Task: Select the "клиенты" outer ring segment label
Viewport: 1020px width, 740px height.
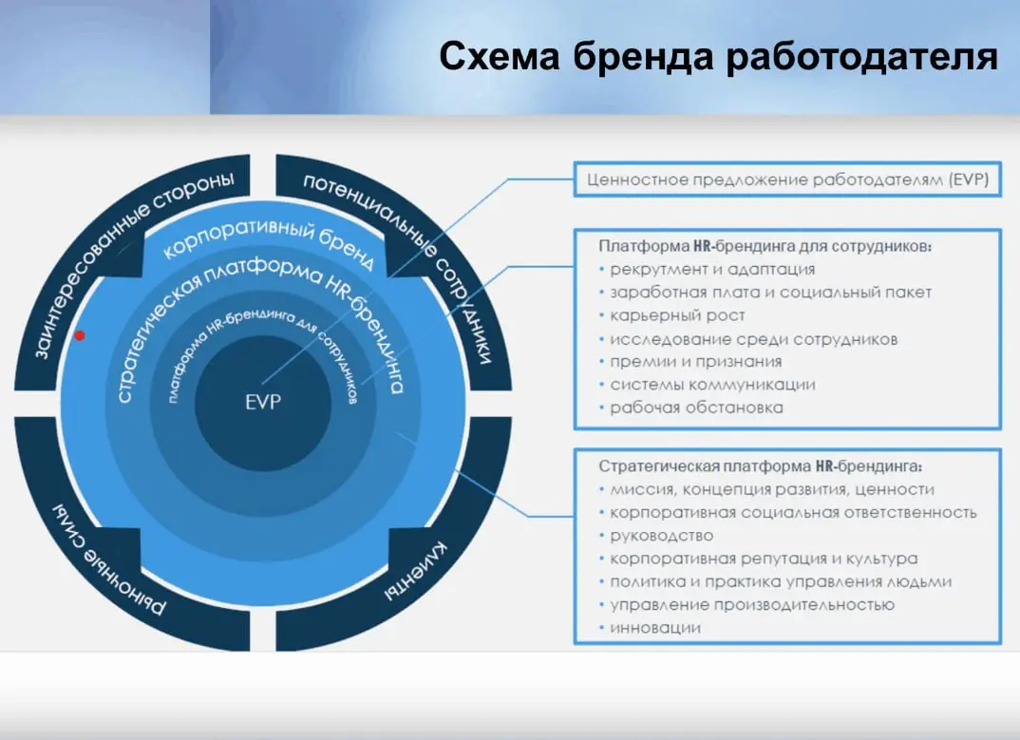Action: point(418,570)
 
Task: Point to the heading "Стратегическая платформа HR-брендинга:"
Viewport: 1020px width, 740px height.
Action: point(760,466)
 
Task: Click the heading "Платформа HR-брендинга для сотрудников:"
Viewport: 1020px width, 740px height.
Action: point(765,245)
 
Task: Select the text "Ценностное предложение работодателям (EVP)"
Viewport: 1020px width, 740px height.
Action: point(787,180)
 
